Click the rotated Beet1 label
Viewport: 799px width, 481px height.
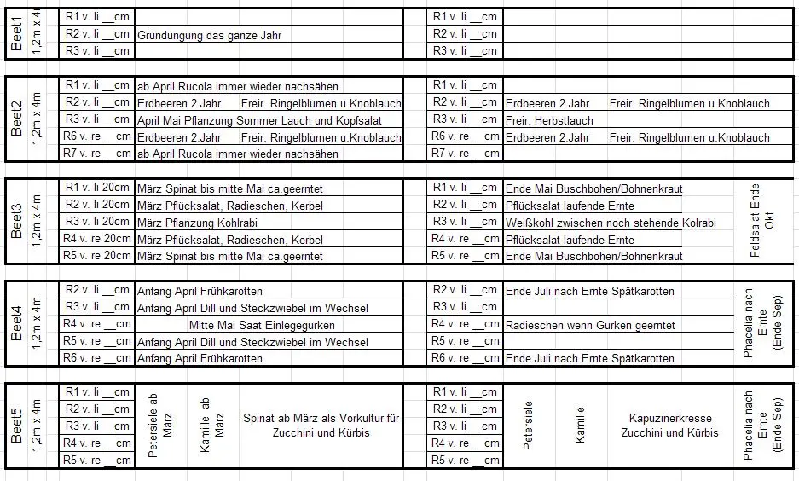(x=17, y=32)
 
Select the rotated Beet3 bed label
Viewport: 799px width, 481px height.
(x=17, y=220)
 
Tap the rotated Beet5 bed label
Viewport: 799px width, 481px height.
(x=17, y=425)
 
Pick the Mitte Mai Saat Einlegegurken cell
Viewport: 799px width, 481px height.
(x=262, y=325)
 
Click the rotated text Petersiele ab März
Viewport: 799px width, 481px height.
(x=160, y=426)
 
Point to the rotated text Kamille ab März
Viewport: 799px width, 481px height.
(x=211, y=426)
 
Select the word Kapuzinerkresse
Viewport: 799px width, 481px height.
(x=669, y=419)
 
